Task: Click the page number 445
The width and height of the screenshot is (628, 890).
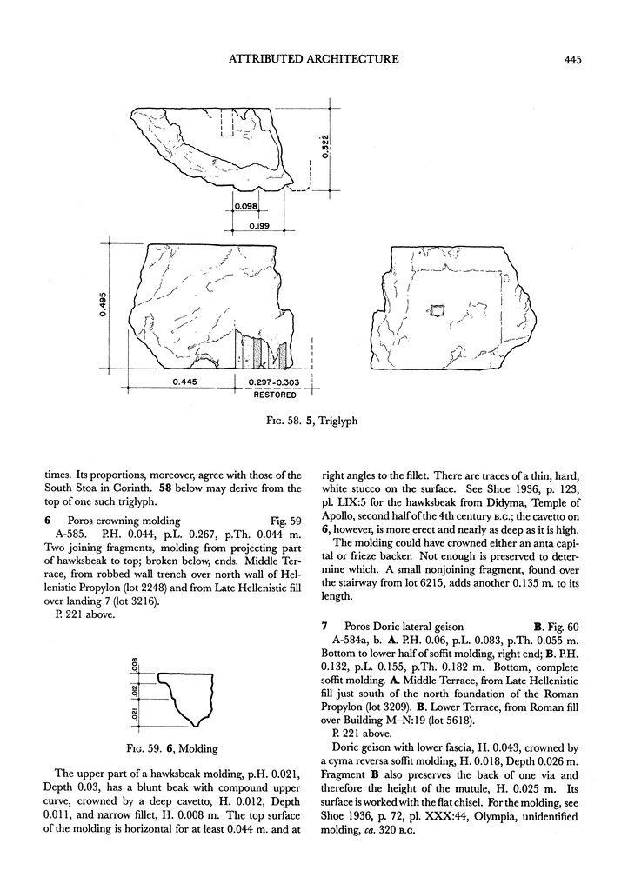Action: pos(571,60)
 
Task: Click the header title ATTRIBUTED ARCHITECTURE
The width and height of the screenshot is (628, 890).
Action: pos(313,60)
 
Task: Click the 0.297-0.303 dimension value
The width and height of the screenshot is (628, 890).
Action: pos(274,382)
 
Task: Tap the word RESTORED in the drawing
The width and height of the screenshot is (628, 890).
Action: pos(274,395)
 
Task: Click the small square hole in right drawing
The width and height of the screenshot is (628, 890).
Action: pos(438,309)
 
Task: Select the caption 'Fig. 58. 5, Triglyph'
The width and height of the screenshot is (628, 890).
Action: pos(313,421)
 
